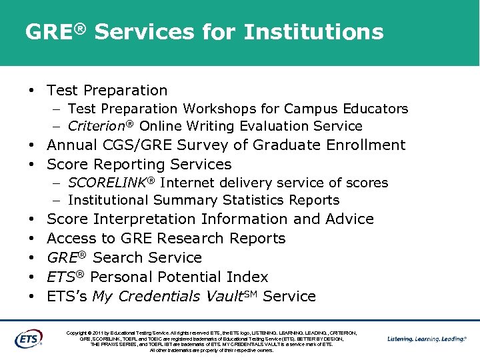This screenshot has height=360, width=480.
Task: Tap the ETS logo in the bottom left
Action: click(28, 338)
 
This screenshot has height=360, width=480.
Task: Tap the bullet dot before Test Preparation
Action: click(31, 91)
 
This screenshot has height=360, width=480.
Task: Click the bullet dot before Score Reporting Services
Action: click(31, 165)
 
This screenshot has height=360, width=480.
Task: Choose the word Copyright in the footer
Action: click(79, 332)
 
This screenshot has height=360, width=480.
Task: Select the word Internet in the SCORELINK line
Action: click(188, 183)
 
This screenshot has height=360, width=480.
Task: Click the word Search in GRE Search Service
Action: click(119, 258)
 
